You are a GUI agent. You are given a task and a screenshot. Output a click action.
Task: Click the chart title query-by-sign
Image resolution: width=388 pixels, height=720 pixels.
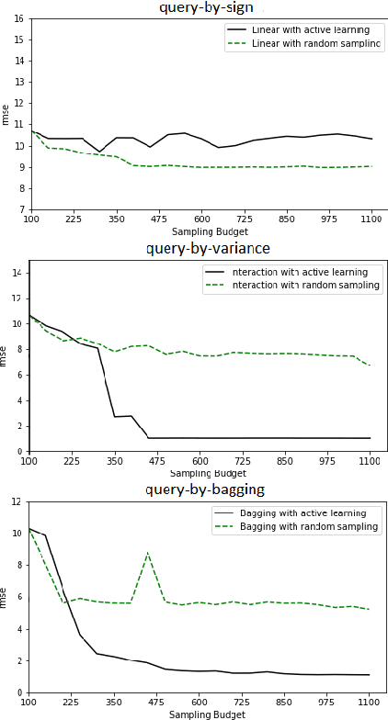coord(207,7)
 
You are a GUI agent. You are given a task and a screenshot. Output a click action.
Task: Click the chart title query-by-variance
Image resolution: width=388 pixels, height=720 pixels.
coord(208,248)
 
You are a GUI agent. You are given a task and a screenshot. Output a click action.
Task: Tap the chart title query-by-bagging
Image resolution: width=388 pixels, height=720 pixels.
coord(207,489)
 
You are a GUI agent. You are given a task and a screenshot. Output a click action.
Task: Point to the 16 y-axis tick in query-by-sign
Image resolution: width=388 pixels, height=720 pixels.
coord(18,17)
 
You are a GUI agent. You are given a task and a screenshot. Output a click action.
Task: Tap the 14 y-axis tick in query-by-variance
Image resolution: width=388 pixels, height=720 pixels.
coord(18,273)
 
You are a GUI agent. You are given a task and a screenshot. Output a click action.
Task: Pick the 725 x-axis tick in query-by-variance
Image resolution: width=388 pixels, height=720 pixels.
coord(244,461)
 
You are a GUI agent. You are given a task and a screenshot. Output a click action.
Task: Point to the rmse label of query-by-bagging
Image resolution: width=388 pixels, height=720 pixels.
coord(6,597)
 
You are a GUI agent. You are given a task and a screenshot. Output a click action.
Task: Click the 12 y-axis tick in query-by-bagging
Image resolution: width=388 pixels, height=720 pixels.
coord(18,501)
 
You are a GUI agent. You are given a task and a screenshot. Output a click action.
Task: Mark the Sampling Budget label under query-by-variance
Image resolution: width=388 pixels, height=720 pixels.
coord(208,472)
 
